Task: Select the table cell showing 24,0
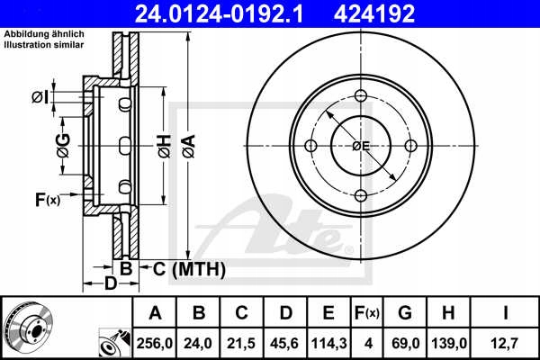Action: (200, 343)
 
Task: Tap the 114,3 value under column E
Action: (329, 343)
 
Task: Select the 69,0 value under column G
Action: (405, 343)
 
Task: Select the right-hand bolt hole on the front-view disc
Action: (410, 147)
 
